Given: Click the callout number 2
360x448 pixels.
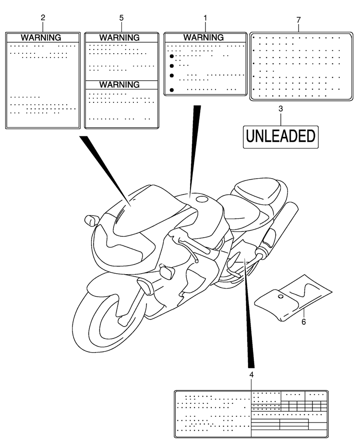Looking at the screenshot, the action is point(43,18).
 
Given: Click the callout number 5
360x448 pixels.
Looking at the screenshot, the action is point(121,18).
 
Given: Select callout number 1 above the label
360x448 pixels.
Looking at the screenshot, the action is point(205,18).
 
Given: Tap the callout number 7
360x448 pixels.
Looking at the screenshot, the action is point(299,20).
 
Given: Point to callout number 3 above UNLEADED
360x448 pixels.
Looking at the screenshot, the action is point(281,109).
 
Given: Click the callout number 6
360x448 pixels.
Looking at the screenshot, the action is point(304,322).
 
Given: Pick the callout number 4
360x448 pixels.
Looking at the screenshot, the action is point(252,375).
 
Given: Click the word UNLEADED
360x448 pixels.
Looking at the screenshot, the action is point(281,136).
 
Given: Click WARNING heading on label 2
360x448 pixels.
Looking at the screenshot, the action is point(41,38).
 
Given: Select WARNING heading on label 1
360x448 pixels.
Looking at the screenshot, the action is point(204,37).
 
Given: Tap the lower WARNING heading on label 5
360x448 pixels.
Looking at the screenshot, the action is point(120,85).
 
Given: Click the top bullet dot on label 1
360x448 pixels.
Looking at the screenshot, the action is point(172,56).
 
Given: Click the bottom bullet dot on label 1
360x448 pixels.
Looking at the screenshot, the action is point(172,90).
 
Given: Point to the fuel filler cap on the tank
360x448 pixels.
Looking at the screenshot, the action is point(203,199).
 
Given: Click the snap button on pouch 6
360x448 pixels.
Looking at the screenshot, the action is point(281,297).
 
